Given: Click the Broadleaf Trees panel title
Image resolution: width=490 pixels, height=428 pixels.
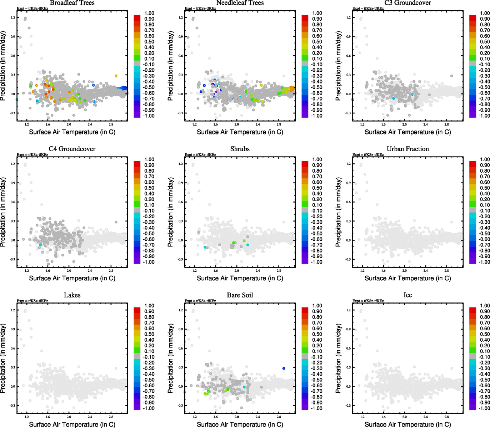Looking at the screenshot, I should pyautogui.click(x=72, y=3).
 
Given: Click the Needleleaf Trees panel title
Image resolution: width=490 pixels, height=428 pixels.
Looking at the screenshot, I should pyautogui.click(x=240, y=3).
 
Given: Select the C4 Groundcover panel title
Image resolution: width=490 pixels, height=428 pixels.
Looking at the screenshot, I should pyautogui.click(x=72, y=149).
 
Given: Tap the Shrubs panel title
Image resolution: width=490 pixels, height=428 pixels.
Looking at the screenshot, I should pyautogui.click(x=240, y=149).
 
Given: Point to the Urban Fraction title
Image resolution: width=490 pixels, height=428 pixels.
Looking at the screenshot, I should pyautogui.click(x=408, y=149).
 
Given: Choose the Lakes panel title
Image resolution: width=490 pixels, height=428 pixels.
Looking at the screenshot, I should pyautogui.click(x=72, y=295).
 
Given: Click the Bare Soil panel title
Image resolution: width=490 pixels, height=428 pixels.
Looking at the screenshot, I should pyautogui.click(x=240, y=295).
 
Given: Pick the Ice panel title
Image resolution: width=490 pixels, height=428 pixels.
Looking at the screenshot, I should pyautogui.click(x=408, y=295).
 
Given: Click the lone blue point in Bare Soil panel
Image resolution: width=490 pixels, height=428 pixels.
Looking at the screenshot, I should pyautogui.click(x=284, y=368).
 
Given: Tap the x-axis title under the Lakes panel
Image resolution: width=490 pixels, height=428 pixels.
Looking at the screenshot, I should pyautogui.click(x=72, y=424).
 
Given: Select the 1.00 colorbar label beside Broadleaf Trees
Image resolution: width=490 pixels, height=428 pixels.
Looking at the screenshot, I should pyautogui.click(x=149, y=13).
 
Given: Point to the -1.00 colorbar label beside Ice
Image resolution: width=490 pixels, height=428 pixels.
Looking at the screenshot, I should pyautogui.click(x=485, y=408).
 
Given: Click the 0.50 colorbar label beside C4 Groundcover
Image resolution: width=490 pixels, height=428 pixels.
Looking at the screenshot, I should pyautogui.click(x=149, y=188).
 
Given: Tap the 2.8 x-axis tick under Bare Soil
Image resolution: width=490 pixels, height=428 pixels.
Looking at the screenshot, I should pyautogui.click(x=279, y=417).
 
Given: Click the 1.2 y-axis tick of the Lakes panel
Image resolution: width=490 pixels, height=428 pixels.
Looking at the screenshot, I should pyautogui.click(x=13, y=310).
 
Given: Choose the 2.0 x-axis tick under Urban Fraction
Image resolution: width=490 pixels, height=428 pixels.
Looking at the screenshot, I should pyautogui.click(x=405, y=270).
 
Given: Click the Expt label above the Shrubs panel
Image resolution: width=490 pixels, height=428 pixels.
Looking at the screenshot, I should pyautogui.click(x=200, y=155).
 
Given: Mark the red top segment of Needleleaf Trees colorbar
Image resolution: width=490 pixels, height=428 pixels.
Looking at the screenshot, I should pyautogui.click(x=305, y=17).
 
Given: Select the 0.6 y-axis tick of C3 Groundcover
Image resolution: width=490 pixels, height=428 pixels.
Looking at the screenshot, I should pyautogui.click(x=349, y=56).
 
